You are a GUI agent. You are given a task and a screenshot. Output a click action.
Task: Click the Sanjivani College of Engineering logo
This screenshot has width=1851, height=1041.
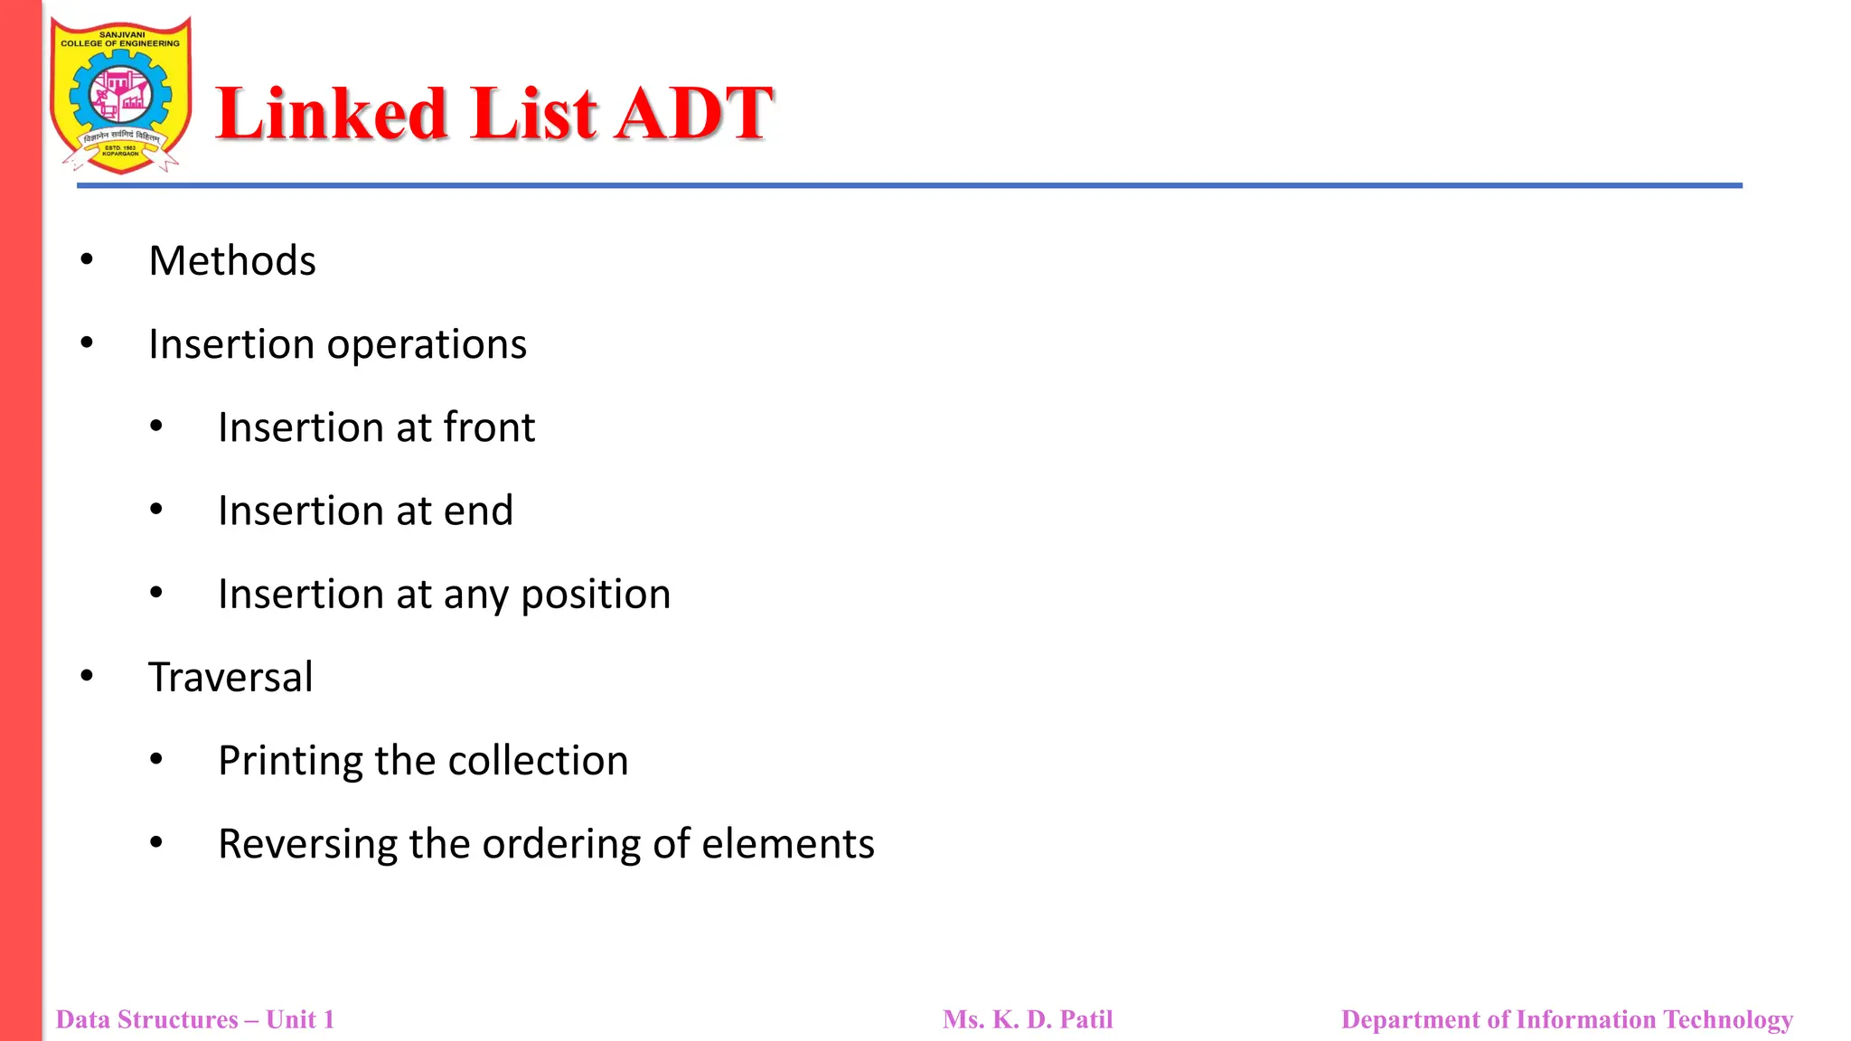pyautogui.click(x=120, y=96)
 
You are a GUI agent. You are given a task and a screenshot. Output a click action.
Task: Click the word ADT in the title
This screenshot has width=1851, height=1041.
pyautogui.click(x=693, y=115)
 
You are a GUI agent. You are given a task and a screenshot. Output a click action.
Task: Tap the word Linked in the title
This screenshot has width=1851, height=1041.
pyautogui.click(x=332, y=115)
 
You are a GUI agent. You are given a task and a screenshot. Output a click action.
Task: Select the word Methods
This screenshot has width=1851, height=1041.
pyautogui.click(x=232, y=261)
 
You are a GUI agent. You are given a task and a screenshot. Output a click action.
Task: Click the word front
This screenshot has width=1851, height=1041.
pyautogui.click(x=489, y=427)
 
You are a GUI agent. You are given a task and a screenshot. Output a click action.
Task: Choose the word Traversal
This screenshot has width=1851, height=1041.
pyautogui.click(x=230, y=678)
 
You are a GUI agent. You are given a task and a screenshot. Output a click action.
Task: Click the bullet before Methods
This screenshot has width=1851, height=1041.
pyautogui.click(x=87, y=260)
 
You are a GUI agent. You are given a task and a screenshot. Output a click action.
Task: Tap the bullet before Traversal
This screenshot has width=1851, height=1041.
pyautogui.click(x=87, y=676)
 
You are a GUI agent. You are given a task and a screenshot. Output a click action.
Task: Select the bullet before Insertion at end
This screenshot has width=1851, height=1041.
pyautogui.click(x=156, y=510)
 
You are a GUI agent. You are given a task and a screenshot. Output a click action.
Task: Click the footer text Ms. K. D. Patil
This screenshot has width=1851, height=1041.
pyautogui.click(x=1028, y=1019)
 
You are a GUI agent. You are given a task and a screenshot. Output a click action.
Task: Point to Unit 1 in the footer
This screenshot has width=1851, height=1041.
pyautogui.click(x=300, y=1019)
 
